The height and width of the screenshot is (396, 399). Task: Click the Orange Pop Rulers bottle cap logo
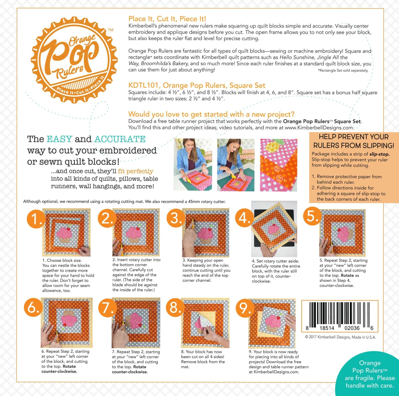pos(74,60)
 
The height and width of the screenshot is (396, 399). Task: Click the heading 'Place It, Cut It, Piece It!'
pos(167,19)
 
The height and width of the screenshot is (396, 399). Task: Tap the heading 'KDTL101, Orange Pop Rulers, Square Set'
pos(197,85)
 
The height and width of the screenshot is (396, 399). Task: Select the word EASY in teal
pos(59,139)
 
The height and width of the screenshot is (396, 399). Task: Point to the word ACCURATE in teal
pos(120,139)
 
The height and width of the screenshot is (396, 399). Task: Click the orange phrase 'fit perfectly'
pos(135,171)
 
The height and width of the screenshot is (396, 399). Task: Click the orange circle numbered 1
pos(35,219)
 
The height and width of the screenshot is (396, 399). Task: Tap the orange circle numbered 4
pos(244,218)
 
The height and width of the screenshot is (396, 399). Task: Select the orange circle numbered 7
pos(107,308)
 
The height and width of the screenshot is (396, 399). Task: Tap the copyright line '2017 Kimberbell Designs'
pos(340,337)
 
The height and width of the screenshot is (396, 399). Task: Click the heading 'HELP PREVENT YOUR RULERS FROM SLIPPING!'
pos(354,141)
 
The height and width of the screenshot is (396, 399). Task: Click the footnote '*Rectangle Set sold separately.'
pos(343,71)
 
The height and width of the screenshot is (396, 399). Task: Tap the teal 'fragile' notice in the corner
pos(369,374)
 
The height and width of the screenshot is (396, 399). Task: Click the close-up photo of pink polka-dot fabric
pos(279,165)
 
